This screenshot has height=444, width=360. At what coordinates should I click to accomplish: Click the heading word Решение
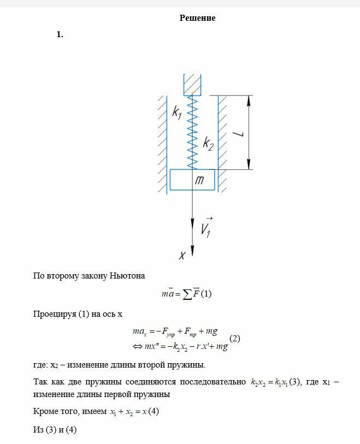coord(197,18)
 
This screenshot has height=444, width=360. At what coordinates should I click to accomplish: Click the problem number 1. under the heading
coord(60,34)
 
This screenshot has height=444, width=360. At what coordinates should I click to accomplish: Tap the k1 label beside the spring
coord(176,113)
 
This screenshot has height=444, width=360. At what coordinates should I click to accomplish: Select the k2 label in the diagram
coord(208,144)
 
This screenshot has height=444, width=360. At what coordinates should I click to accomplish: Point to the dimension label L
coord(241,133)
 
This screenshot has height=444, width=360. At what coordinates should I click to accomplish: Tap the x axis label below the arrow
coord(183,255)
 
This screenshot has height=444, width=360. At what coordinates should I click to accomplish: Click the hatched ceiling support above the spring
coord(192,84)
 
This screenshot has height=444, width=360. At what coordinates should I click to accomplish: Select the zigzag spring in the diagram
coord(192,131)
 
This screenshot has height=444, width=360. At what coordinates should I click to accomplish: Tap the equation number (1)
coord(206,294)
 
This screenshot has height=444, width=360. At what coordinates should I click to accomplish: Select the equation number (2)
coord(234,339)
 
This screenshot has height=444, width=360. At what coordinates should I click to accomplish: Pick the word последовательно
coord(215,382)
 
